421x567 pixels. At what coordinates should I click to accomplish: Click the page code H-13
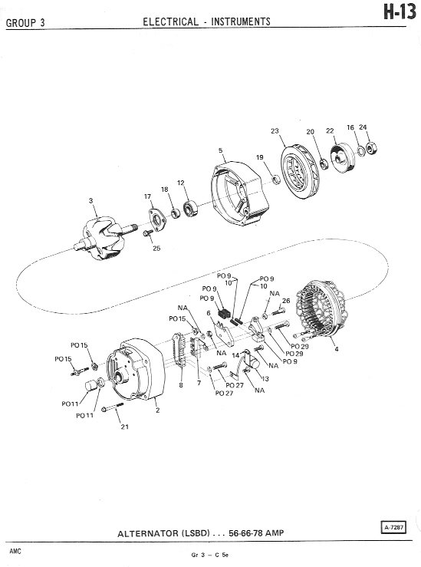tap(400, 12)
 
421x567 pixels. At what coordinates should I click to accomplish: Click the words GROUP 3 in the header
tap(25, 23)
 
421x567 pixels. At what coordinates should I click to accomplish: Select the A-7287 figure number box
tap(393, 528)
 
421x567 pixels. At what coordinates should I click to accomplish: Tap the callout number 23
tap(275, 131)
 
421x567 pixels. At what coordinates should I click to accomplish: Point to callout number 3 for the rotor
tap(90, 200)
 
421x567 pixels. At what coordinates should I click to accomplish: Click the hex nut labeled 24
tap(371, 148)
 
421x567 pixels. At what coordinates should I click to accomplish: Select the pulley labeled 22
tap(343, 159)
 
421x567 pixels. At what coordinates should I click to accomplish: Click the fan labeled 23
tap(300, 171)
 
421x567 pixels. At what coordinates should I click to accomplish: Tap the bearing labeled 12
tap(190, 209)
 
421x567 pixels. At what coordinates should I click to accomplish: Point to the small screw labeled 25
tap(147, 233)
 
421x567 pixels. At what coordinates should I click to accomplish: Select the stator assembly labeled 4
tap(321, 310)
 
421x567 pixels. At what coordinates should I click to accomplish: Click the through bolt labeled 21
tap(113, 407)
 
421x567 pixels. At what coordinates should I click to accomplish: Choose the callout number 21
tap(125, 427)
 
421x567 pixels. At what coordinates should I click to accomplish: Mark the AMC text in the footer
tap(15, 551)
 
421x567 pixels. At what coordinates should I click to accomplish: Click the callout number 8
tap(181, 385)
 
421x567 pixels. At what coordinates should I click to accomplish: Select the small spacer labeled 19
tap(276, 180)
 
